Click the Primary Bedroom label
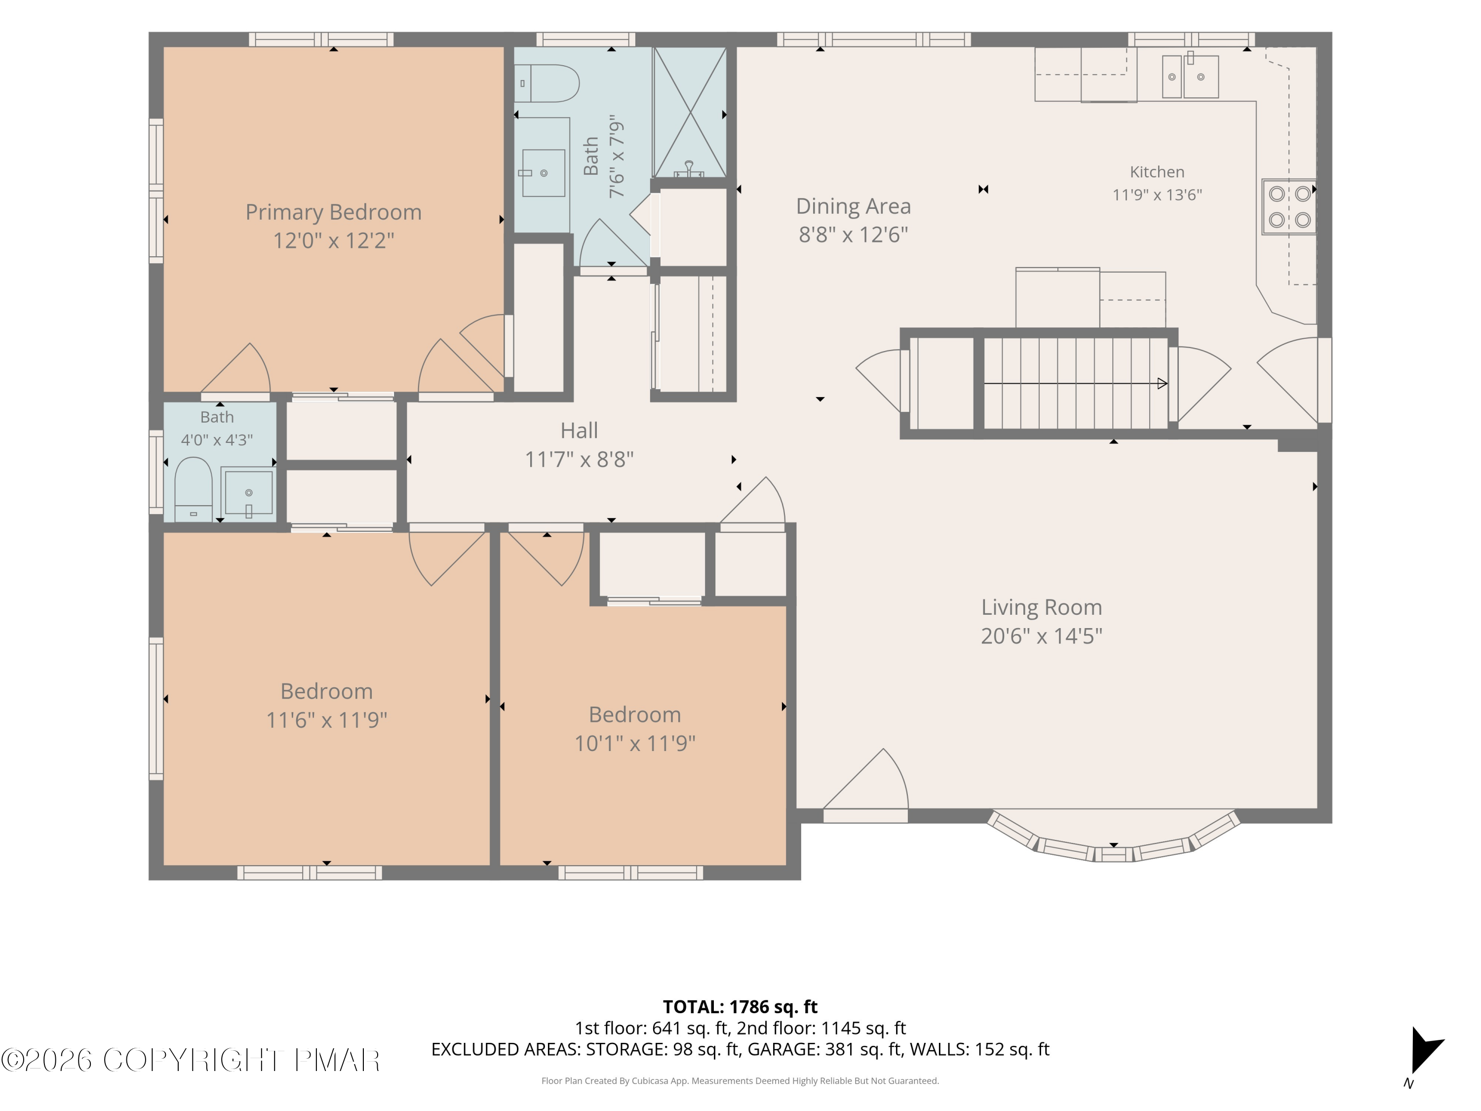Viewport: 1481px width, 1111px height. pyautogui.click(x=333, y=212)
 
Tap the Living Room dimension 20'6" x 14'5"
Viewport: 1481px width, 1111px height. pyautogui.click(x=1041, y=635)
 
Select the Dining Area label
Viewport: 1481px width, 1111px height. pyautogui.click(x=853, y=206)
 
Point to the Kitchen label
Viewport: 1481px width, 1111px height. pyautogui.click(x=1157, y=172)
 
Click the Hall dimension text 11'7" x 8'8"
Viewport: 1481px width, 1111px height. pyautogui.click(x=579, y=459)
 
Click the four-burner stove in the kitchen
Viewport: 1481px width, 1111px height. pyautogui.click(x=1289, y=207)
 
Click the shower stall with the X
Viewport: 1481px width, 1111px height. pyautogui.click(x=690, y=113)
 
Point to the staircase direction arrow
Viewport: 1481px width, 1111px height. pyautogui.click(x=1075, y=384)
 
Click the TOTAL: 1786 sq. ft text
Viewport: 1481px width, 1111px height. pyautogui.click(x=740, y=1006)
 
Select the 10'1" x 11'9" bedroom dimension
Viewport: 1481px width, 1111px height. pyautogui.click(x=635, y=743)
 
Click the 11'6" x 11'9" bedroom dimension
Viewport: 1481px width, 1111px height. pyautogui.click(x=327, y=720)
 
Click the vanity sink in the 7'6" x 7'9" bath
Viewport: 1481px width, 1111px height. pyautogui.click(x=543, y=173)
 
